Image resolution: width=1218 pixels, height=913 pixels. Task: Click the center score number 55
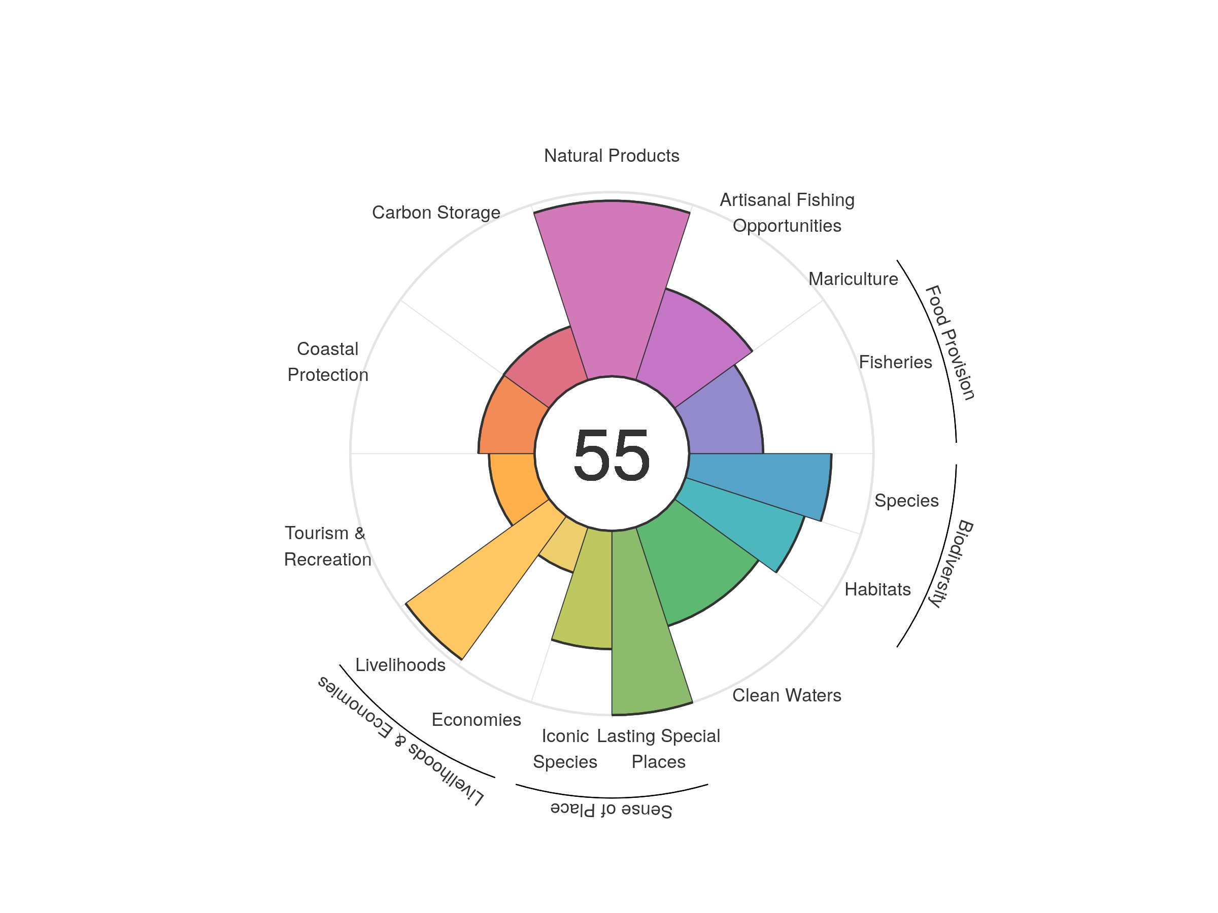611,455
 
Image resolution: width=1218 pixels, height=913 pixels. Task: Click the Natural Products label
611,156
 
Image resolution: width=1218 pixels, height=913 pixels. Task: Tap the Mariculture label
853,279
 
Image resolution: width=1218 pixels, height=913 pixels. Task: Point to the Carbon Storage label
436,213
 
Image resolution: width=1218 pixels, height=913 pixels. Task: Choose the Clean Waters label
786,695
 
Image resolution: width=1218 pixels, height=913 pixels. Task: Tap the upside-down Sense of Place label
611,810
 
